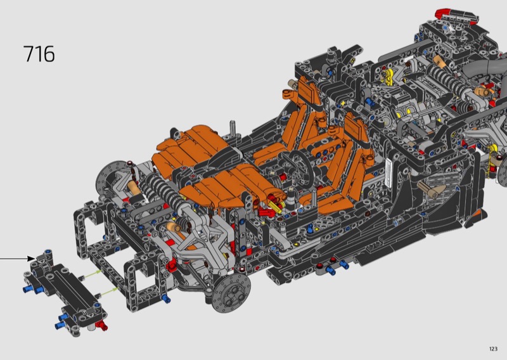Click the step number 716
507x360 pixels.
click(x=39, y=54)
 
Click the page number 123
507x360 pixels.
click(x=493, y=349)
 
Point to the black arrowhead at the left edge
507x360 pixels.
click(x=31, y=259)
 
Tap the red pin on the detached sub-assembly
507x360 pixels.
click(x=103, y=325)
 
